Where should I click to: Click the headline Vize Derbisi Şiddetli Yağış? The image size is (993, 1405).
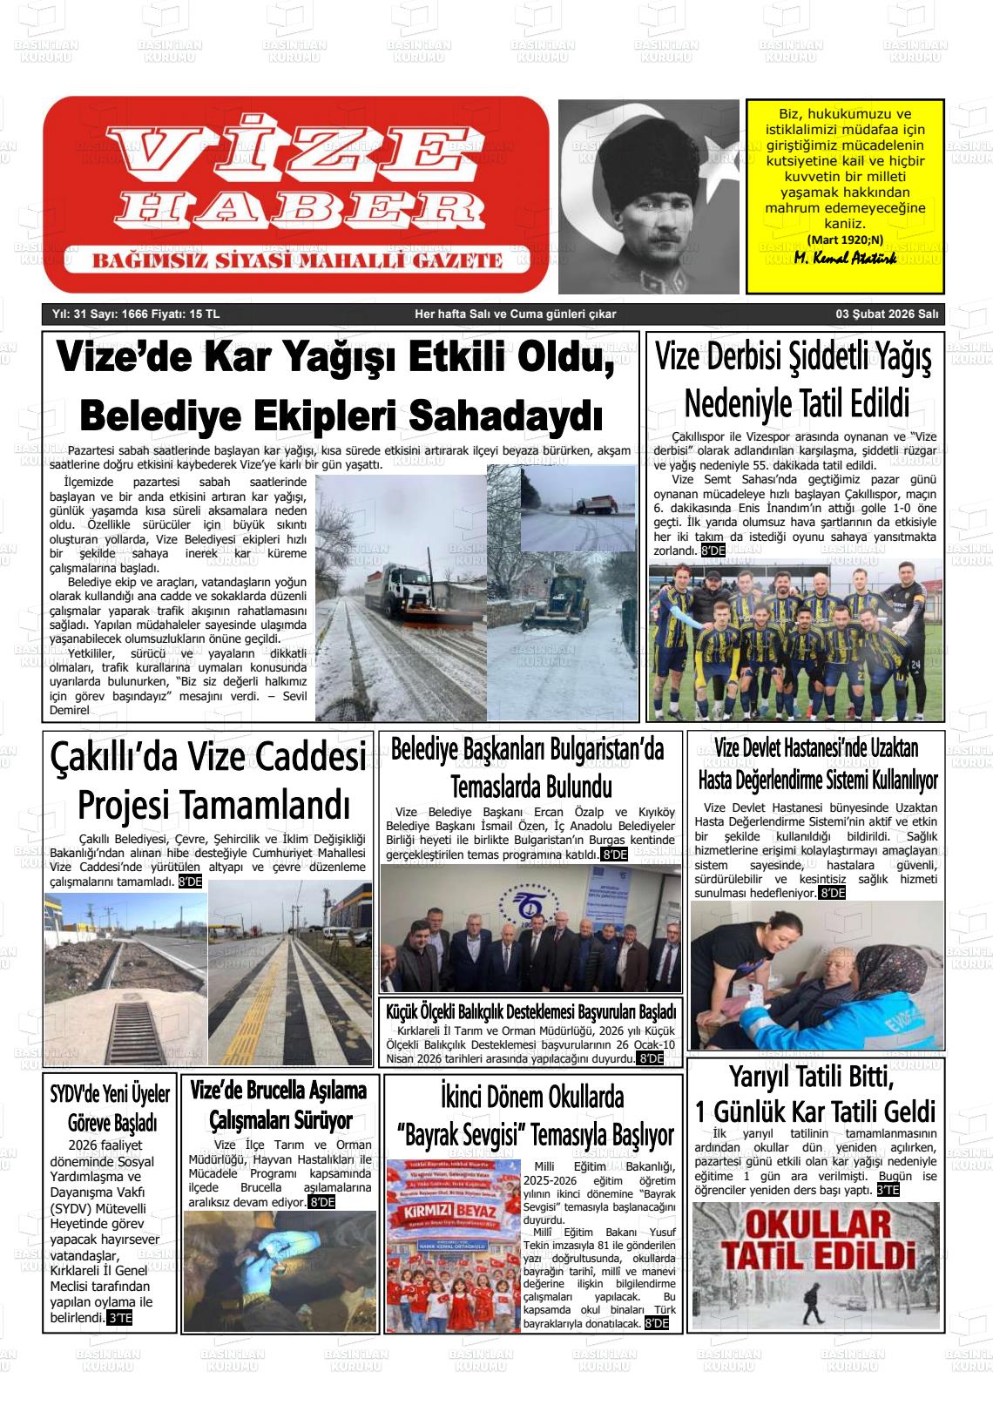pyautogui.click(x=794, y=358)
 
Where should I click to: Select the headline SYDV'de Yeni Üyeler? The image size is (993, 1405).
pyautogui.click(x=109, y=1093)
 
